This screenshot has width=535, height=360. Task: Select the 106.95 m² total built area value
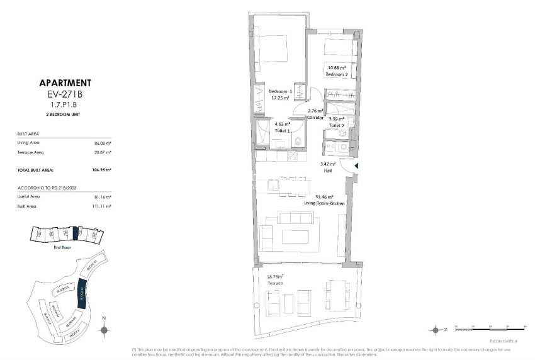tap(101, 170)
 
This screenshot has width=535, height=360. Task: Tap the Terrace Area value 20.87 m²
tap(103, 152)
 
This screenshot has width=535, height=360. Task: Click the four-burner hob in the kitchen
tap(293, 155)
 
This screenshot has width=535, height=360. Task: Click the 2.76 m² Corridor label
tap(316, 114)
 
